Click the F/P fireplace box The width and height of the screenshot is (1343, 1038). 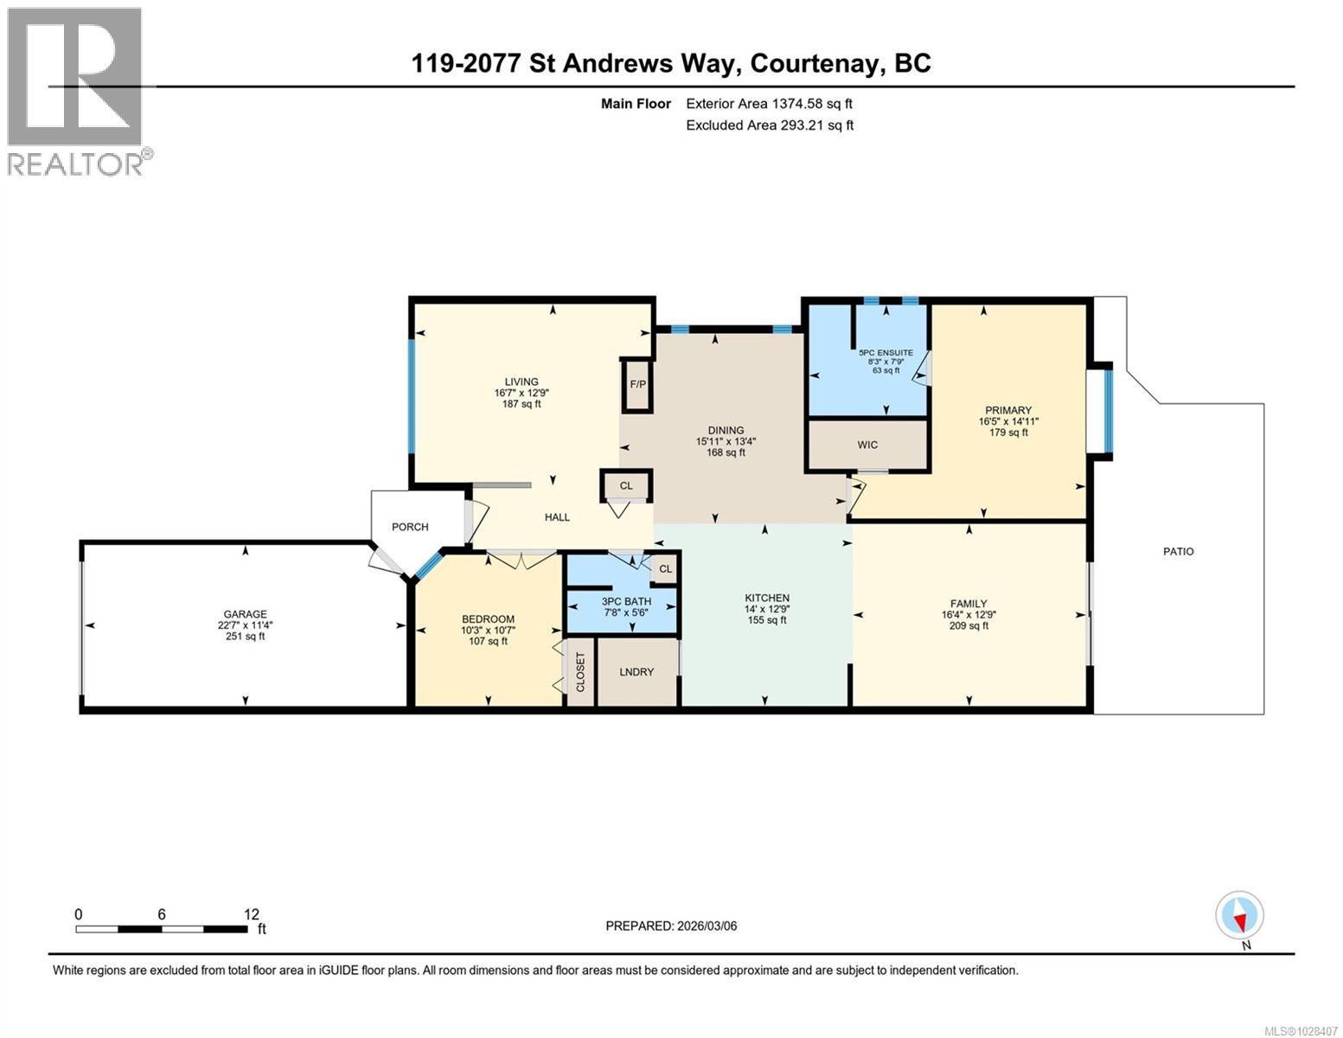[x=637, y=384]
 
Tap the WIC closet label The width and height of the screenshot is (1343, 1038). [x=867, y=445]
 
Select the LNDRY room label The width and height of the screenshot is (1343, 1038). [x=636, y=672]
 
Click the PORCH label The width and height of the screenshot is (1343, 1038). [x=410, y=527]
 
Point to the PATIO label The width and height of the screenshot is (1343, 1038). [x=1178, y=551]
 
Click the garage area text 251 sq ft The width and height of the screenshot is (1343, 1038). [x=246, y=637]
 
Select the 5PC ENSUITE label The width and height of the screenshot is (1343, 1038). [x=886, y=353]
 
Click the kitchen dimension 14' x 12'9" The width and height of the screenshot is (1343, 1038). [x=767, y=609]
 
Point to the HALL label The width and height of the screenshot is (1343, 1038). [x=557, y=517]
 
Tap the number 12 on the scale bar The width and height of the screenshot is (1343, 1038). [x=251, y=914]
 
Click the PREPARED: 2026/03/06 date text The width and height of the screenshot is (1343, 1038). [x=671, y=926]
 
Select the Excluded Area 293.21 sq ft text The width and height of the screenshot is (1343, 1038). [x=770, y=125]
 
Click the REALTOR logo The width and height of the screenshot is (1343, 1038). [x=76, y=91]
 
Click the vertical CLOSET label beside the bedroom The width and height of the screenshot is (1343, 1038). [x=580, y=672]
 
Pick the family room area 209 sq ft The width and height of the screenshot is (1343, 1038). [x=969, y=625]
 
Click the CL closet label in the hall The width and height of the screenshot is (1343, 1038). [x=626, y=485]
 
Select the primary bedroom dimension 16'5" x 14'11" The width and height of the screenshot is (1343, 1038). [x=1008, y=421]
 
